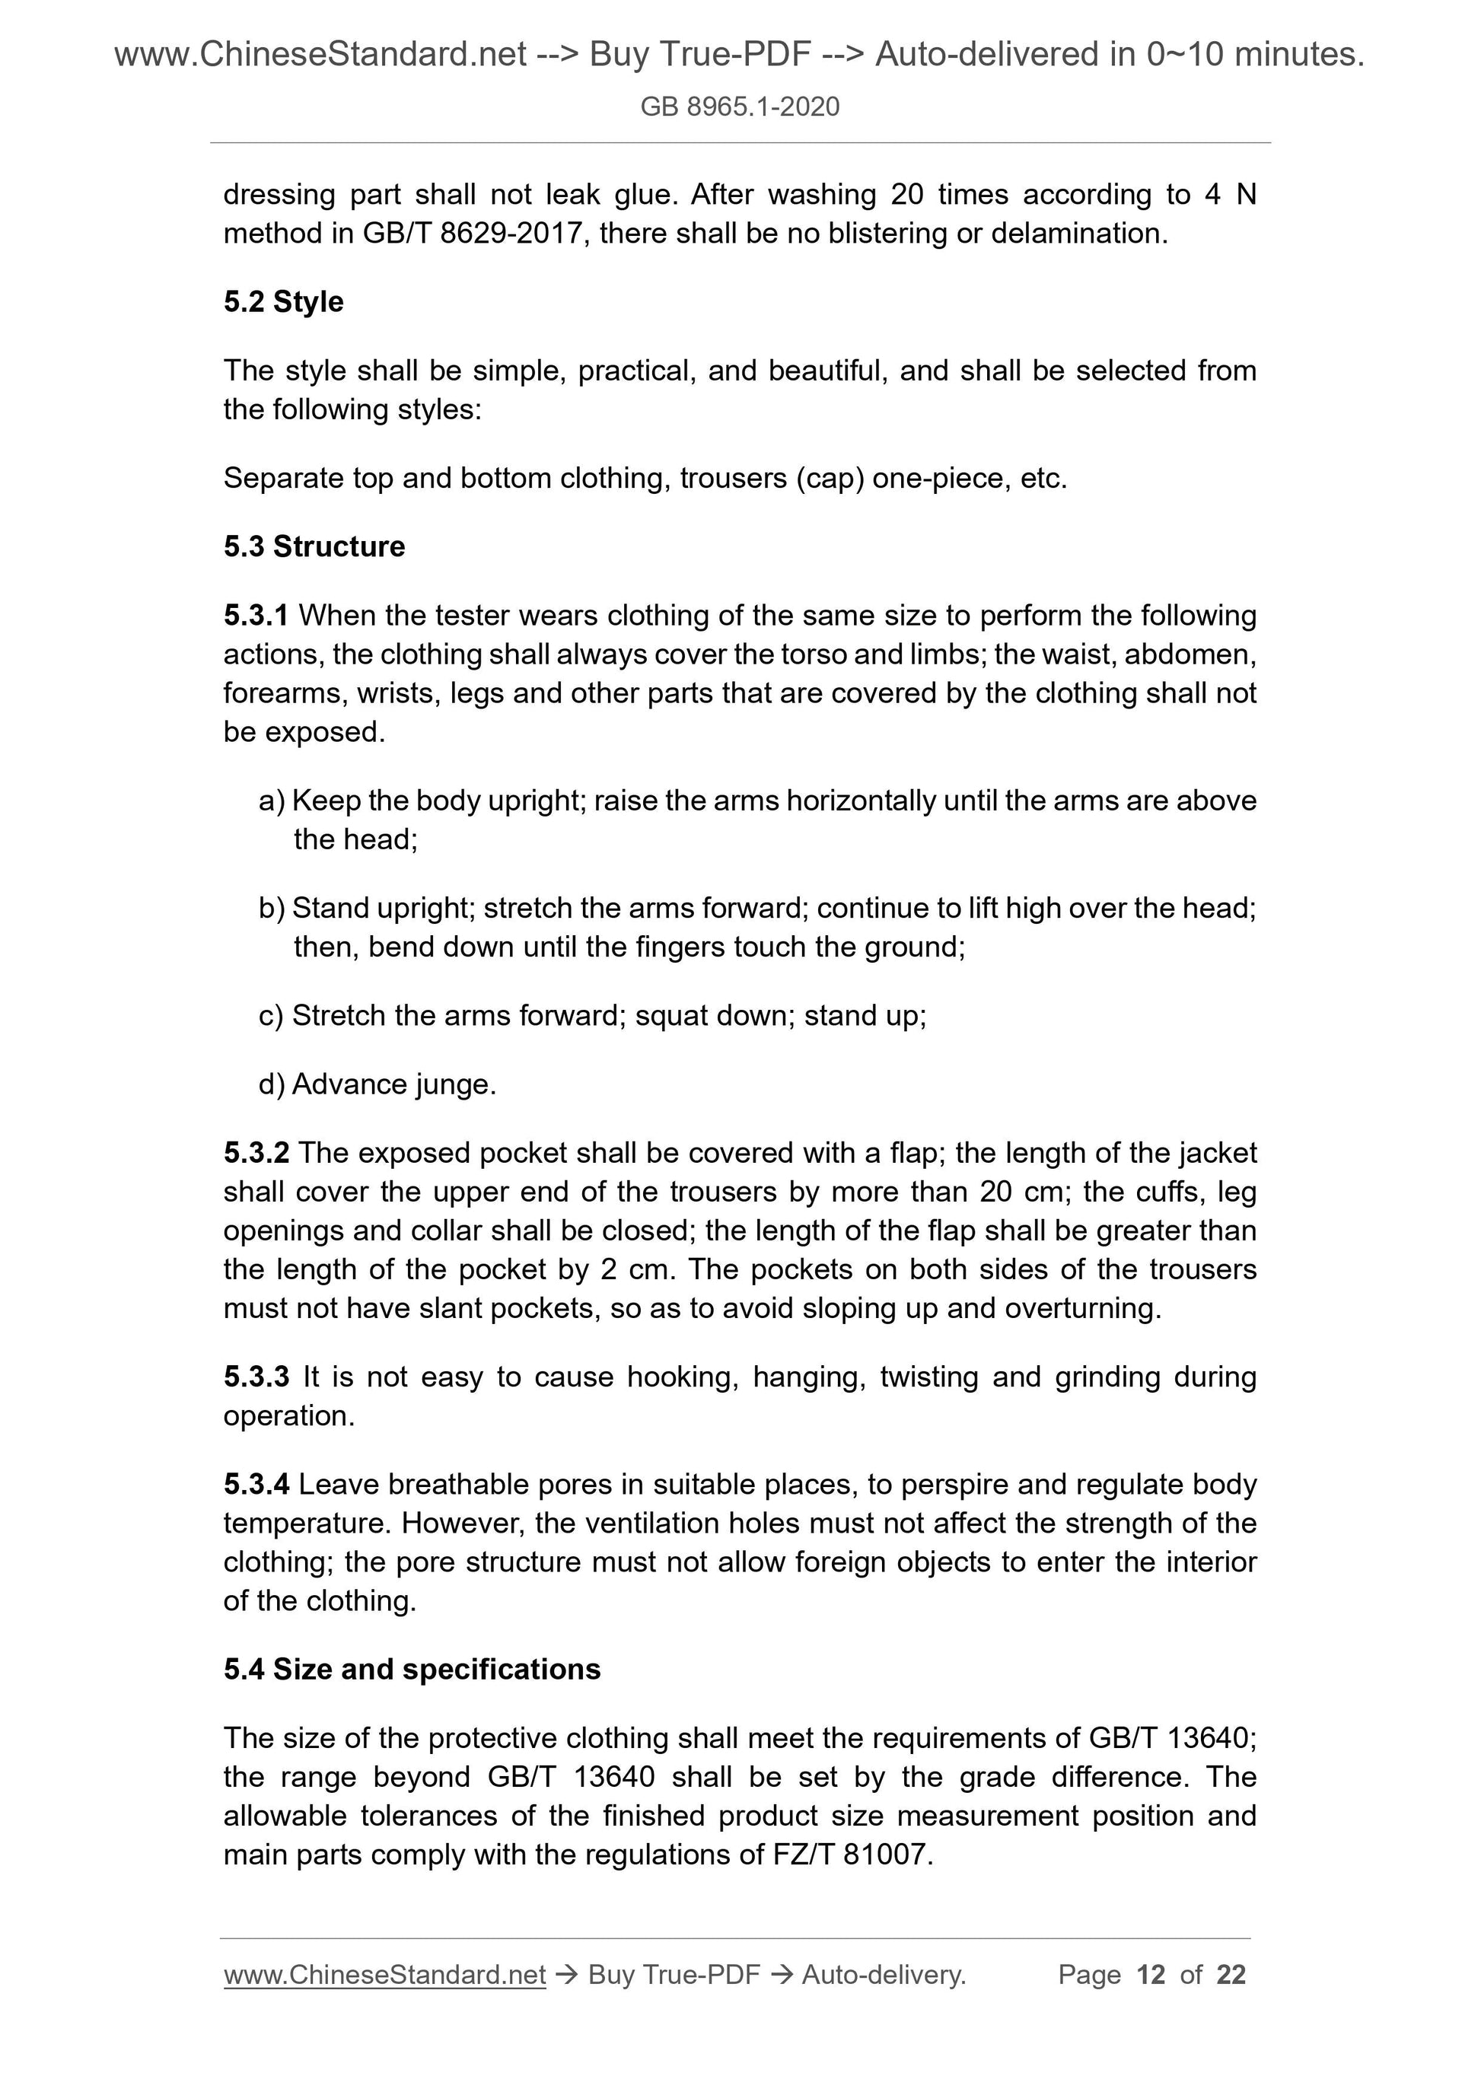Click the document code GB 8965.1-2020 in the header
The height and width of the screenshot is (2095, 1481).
pos(739,107)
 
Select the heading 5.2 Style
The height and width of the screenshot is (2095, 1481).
pos(283,302)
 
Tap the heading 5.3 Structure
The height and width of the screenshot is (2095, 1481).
pos(314,546)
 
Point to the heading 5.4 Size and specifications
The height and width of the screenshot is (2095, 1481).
pos(412,1669)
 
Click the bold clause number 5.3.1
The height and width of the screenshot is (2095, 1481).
pos(256,616)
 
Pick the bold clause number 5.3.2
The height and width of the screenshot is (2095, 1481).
pos(256,1154)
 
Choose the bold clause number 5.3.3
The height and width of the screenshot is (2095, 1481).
pos(256,1377)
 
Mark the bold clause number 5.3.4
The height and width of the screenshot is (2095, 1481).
pos(256,1485)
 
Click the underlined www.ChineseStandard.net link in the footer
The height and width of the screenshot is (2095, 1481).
pos(384,1975)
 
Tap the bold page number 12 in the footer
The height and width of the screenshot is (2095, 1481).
pos(1151,1975)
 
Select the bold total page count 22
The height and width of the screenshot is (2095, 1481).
pos(1231,1975)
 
